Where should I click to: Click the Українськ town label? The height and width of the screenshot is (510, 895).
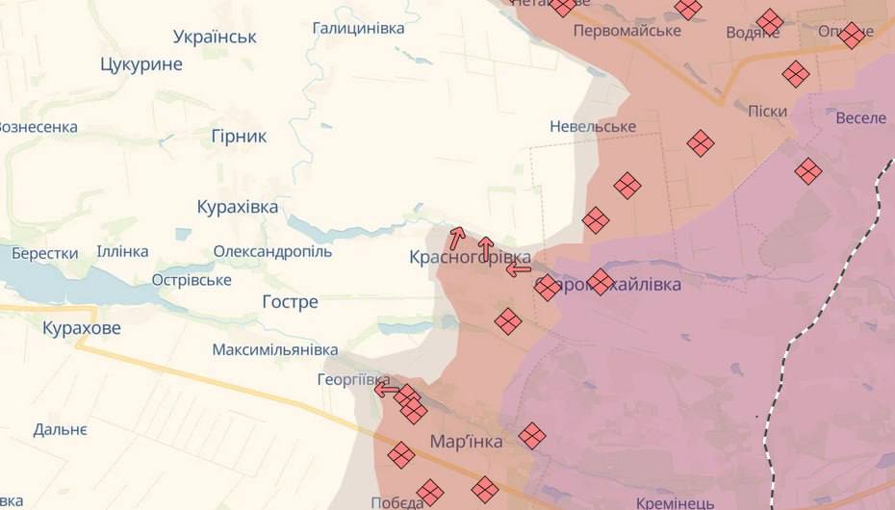point(216,37)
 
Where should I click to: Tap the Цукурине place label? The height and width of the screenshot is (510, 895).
point(141,64)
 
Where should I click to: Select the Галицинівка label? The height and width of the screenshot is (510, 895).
point(358,28)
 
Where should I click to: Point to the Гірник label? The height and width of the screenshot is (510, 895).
point(239,136)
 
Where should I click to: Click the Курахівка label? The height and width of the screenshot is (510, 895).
point(237,207)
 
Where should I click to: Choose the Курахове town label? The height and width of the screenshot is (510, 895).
point(82,328)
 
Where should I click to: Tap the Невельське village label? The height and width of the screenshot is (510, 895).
point(593,126)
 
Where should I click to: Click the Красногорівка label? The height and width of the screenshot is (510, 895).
point(470,257)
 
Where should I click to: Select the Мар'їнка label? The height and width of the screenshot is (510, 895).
point(466,442)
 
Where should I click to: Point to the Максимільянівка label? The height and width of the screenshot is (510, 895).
point(275,349)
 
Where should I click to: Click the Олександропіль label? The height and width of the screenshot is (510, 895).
point(272,251)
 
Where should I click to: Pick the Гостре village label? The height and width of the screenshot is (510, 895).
point(290,302)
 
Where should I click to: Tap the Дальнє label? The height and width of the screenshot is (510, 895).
point(60,429)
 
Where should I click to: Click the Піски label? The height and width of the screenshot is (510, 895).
point(767,111)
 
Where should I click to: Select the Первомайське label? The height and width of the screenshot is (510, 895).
point(626,31)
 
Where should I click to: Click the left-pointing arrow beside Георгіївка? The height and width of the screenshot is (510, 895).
point(387,390)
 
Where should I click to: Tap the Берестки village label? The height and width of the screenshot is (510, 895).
point(45,253)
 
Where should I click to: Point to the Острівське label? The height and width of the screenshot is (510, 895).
point(192,280)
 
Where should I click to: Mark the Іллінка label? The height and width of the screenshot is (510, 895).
point(122,251)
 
